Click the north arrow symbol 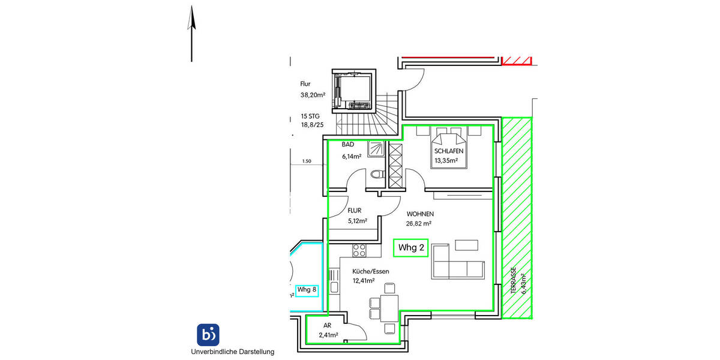coord(191,33)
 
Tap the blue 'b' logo coord(208,334)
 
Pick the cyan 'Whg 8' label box coord(307,290)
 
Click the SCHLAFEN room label coord(446,152)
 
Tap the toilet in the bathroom coord(376,175)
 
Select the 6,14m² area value coord(351,157)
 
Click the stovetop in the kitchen coord(359,250)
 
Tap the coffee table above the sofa coord(467,245)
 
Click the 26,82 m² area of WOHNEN coord(419,223)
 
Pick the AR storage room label coord(327,325)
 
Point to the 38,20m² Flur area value coord(313,95)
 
